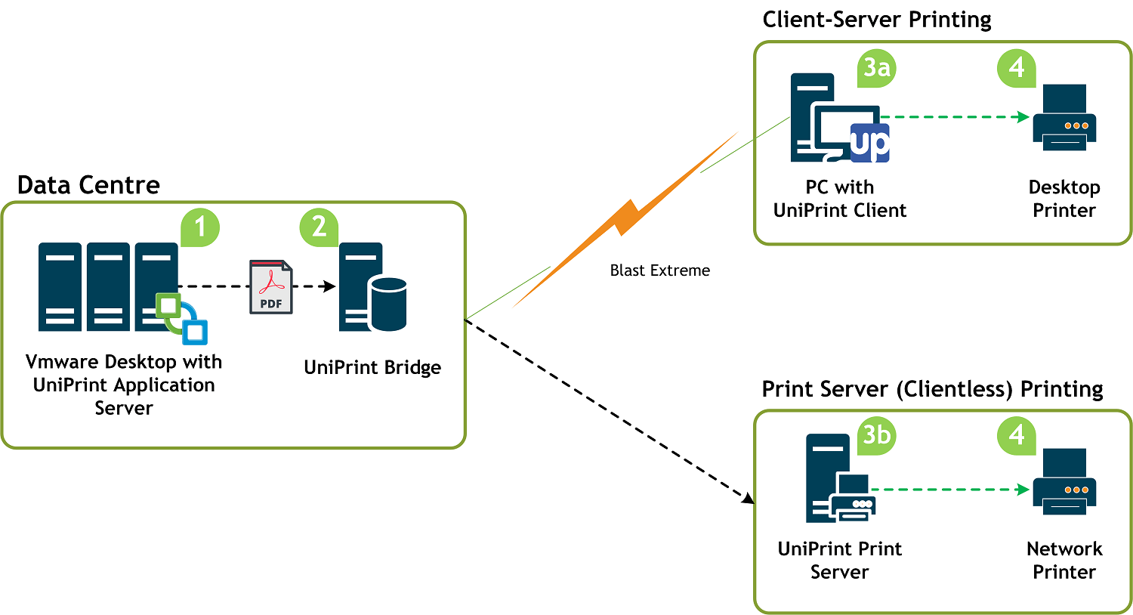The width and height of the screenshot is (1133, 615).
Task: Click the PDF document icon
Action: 270,287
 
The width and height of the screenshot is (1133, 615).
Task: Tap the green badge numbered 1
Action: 200,227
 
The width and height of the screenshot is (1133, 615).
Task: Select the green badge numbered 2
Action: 319,227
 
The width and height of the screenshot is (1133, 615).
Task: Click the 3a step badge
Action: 876,68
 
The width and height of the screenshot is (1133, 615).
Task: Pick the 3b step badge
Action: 876,436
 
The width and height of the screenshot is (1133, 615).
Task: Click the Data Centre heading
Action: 88,185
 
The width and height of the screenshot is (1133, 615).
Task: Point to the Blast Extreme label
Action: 659,270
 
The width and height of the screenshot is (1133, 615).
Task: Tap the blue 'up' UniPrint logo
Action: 869,143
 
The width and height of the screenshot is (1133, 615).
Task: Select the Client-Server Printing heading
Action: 876,20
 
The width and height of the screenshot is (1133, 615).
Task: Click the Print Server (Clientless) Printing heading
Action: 932,389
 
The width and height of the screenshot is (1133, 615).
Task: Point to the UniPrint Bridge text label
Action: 372,368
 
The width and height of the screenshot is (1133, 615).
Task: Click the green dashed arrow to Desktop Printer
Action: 955,117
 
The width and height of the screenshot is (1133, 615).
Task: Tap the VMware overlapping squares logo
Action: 181,318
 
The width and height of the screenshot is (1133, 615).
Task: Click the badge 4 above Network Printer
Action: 1016,436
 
